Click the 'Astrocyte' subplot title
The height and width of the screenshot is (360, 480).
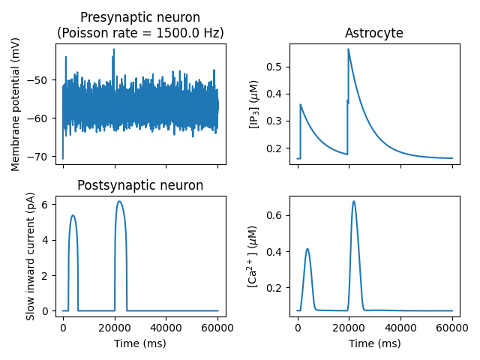pos(373,33)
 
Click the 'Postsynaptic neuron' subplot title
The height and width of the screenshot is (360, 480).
pos(140,185)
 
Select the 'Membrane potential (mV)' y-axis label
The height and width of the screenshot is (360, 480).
pos(16,103)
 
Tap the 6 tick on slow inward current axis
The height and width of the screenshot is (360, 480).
pos(46,204)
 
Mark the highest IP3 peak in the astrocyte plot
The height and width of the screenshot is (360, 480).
pos(348,49)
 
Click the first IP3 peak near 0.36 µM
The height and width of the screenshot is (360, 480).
pos(300,105)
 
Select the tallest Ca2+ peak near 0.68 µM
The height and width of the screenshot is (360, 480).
pos(353,201)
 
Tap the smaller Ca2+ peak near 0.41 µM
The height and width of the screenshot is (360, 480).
pos(307,249)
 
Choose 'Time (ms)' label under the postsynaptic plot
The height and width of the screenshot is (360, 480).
pos(140,343)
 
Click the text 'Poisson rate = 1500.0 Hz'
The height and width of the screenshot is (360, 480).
pos(140,33)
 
